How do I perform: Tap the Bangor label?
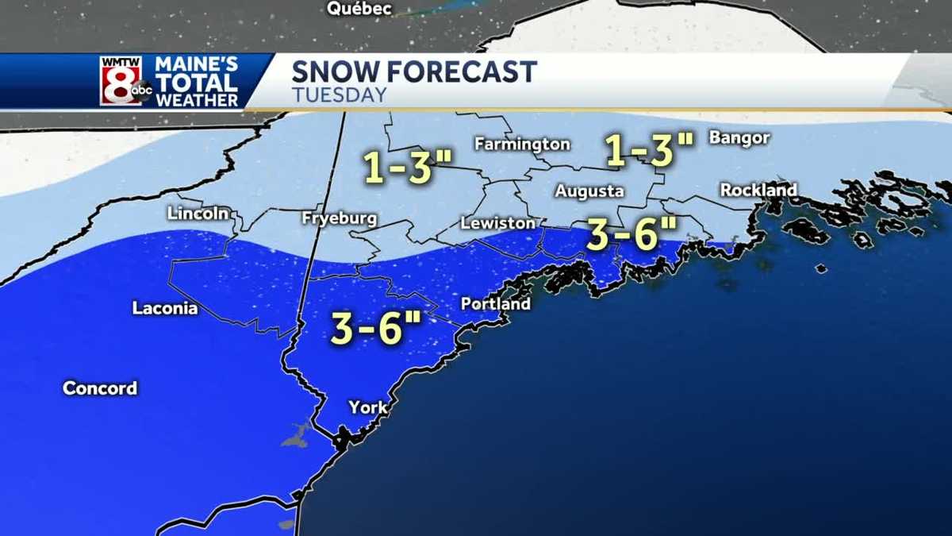click(x=739, y=138)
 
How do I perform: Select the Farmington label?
click(x=522, y=144)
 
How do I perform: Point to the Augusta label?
click(x=589, y=191)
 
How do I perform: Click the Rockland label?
click(x=758, y=191)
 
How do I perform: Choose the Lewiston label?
click(x=497, y=223)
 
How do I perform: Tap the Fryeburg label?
click(x=339, y=218)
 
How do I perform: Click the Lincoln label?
click(x=198, y=213)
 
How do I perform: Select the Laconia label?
click(x=165, y=309)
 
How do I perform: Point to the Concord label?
click(x=100, y=388)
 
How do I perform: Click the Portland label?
click(x=495, y=304)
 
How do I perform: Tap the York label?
click(x=368, y=407)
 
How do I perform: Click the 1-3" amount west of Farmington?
click(x=408, y=168)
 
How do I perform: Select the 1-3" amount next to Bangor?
click(x=650, y=149)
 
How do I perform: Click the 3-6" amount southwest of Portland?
click(x=376, y=329)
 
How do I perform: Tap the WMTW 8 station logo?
click(x=125, y=81)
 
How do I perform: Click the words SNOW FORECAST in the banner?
click(x=414, y=71)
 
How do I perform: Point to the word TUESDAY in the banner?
click(x=339, y=94)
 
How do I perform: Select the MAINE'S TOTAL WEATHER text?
click(x=197, y=81)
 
